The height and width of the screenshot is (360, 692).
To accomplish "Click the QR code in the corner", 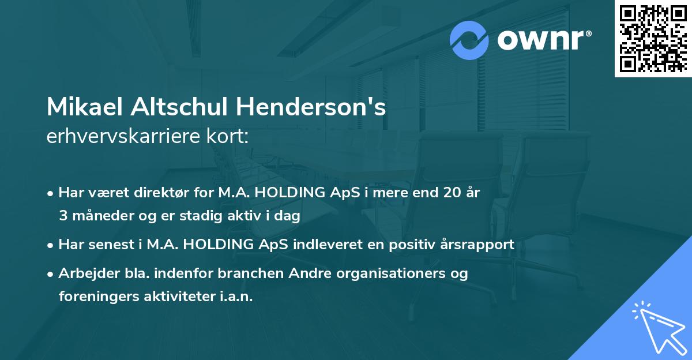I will pyautogui.click(x=653, y=38).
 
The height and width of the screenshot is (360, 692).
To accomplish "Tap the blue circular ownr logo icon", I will pyautogui.click(x=470, y=40).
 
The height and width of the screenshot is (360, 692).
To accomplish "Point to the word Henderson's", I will pyautogui.click(x=307, y=107).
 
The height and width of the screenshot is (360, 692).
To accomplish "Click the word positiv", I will pyautogui.click(x=403, y=244).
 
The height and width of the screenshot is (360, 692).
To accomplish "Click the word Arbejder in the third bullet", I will pyautogui.click(x=85, y=273).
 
